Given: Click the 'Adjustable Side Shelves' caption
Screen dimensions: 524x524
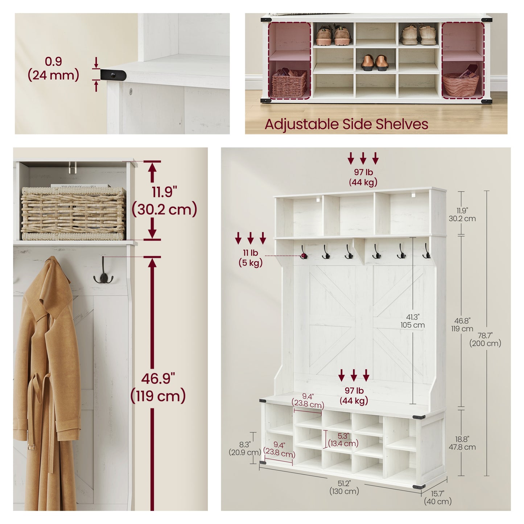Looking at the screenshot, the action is (x=346, y=124).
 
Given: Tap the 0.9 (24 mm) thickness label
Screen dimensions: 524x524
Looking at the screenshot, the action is (x=54, y=69).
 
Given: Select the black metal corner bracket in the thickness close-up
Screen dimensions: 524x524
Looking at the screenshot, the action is (x=113, y=74).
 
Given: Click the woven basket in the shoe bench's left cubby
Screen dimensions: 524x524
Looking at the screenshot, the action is (x=289, y=83).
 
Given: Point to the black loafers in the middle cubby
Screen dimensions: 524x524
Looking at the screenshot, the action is (x=375, y=63).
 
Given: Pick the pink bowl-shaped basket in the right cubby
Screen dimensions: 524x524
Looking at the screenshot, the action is (x=461, y=83).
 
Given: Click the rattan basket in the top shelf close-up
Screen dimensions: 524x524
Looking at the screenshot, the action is (x=73, y=214).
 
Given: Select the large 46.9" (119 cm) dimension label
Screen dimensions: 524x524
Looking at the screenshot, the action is (x=158, y=387).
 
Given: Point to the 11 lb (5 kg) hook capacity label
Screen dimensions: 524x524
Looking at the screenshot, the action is (x=251, y=258).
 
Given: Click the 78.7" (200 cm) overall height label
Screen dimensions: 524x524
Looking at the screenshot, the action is (x=485, y=339).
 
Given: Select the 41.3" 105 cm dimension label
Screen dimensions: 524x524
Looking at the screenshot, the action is (x=413, y=321).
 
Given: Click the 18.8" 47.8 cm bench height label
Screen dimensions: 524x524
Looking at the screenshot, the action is (x=462, y=443).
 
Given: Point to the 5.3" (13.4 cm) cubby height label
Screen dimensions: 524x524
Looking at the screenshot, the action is (x=343, y=440).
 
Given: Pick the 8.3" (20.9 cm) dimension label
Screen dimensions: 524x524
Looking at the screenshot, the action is (x=245, y=449).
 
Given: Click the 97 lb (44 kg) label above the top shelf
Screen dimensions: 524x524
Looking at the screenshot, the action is (x=363, y=177).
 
